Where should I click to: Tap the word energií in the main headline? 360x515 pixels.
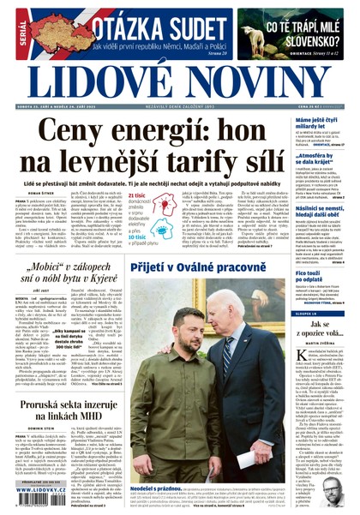pyautogui.click(x=163, y=132)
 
